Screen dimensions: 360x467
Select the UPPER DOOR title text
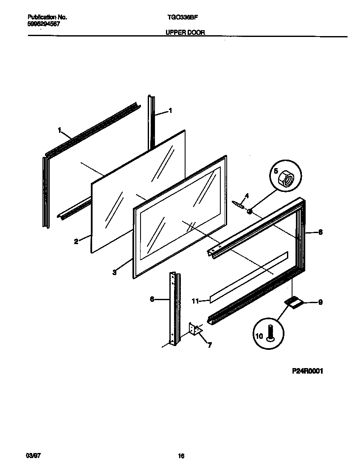tap(183, 32)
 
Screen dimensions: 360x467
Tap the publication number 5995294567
tap(44, 24)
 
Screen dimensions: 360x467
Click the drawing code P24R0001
tap(308, 371)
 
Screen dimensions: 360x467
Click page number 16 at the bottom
tap(181, 456)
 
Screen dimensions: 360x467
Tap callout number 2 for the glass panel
tap(76, 242)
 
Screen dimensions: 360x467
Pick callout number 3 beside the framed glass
tap(115, 273)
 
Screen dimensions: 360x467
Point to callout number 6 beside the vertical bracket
tap(152, 299)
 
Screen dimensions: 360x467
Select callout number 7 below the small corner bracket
tap(209, 345)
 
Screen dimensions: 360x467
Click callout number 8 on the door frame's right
tap(320, 232)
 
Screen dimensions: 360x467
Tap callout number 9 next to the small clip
tap(320, 303)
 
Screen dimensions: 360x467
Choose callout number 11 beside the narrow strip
tap(195, 301)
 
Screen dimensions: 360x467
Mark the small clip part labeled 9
tap(292, 301)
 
